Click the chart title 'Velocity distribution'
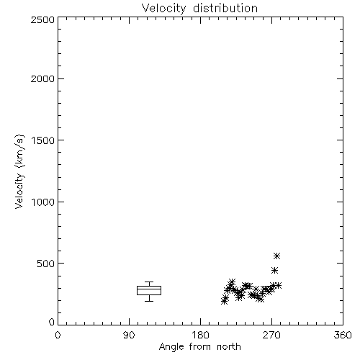[x=199, y=8]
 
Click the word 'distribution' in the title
[x=225, y=8]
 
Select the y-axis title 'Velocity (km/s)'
[x=19, y=171]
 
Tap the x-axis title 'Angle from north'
[x=199, y=346]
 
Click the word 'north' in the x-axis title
[x=229, y=346]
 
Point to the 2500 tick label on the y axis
[x=42, y=20]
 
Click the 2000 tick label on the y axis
[x=42, y=79]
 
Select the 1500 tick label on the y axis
[x=43, y=140]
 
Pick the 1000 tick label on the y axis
[x=43, y=202]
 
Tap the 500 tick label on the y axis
[x=46, y=264]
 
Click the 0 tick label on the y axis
[x=52, y=322]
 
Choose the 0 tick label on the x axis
[x=58, y=335]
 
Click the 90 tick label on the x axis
[x=129, y=335]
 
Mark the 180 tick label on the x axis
[x=199, y=335]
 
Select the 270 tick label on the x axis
[x=271, y=335]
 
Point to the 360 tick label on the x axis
[x=343, y=335]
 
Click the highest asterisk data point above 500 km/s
[x=277, y=256]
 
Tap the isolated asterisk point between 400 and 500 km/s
[x=274, y=271]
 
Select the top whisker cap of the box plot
[x=149, y=282]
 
